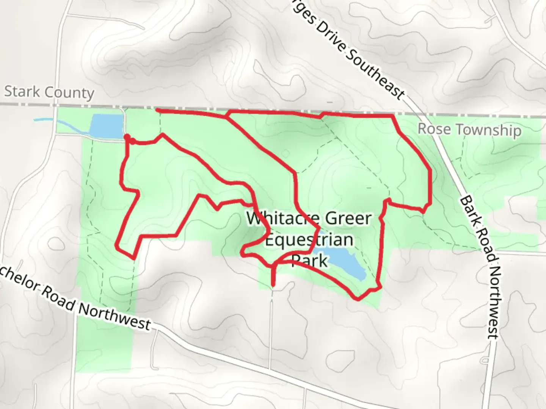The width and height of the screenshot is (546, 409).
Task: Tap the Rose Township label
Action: pos(469,130)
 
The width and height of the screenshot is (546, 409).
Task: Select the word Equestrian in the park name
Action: pos(309,240)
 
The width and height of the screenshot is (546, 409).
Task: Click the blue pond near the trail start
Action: pos(107,126)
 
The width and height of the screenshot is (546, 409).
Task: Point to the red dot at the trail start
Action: pos(127,137)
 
